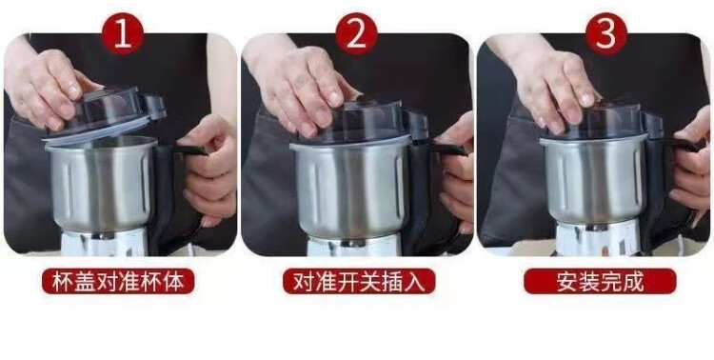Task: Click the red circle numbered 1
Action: coord(123,34)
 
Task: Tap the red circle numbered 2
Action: coord(357,34)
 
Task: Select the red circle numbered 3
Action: coord(606,34)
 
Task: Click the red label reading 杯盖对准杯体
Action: coord(118,281)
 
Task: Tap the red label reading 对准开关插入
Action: coord(359,281)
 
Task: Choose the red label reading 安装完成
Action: coord(600,281)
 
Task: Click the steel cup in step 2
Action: coord(350,190)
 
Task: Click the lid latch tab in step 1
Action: coord(154,108)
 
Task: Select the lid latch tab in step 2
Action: coord(417,125)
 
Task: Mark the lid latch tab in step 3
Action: coord(652,125)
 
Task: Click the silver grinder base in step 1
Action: coord(105,242)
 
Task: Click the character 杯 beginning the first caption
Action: coord(63,282)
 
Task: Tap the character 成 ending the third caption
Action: coord(633,282)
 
